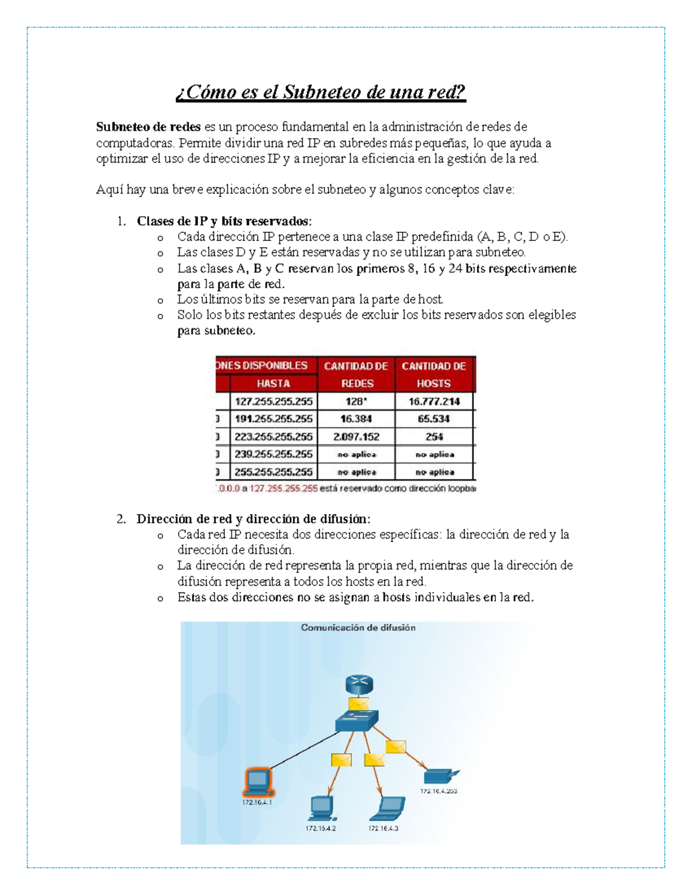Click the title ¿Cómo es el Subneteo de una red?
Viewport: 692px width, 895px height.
coord(321,92)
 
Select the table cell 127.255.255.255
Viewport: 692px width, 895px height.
coord(273,402)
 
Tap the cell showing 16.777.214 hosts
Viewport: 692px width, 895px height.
coord(434,402)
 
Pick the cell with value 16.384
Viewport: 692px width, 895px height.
coord(356,419)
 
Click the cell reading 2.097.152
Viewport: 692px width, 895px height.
coord(356,437)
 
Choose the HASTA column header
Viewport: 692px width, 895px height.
coord(273,383)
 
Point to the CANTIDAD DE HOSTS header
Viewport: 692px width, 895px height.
coord(434,375)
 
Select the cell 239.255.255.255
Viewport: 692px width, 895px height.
coord(273,454)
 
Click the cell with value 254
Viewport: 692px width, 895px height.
coord(434,437)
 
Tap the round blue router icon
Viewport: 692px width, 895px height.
coord(359,685)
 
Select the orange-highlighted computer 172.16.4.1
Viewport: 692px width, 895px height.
coord(257,783)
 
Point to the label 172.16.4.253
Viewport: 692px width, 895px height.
coord(438,791)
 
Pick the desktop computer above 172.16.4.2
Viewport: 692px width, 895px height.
coord(321,808)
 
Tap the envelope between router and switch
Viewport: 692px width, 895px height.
coord(358,704)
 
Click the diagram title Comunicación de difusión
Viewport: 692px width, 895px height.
coord(358,628)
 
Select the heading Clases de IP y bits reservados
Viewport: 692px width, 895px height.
coord(224,221)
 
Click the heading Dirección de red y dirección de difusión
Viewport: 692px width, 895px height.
coord(253,519)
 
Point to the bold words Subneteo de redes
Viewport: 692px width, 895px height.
coord(148,127)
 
